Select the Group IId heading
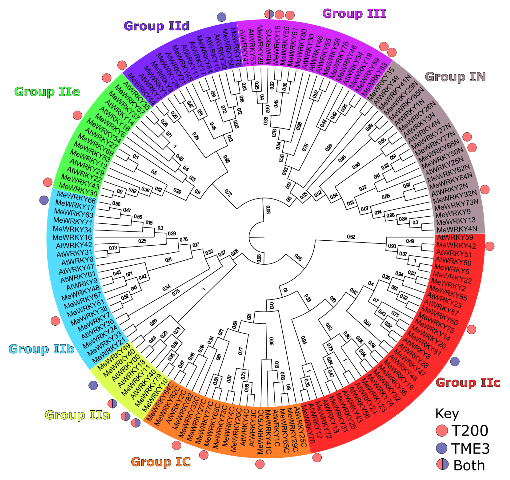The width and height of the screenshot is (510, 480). tap(156, 26)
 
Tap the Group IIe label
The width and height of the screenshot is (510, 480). tap(47, 92)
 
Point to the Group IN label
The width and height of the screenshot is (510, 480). tap(455, 77)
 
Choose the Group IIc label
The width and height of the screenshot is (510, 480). tap(468, 383)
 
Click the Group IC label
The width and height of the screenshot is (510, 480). tap(161, 462)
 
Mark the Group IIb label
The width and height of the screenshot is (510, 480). tap(42, 349)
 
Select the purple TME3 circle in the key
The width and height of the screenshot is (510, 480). tap(442, 448)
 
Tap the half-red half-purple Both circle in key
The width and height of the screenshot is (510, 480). tap(442, 465)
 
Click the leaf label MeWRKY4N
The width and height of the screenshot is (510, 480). tap(457, 229)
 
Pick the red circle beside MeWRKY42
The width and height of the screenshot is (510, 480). tap(490, 246)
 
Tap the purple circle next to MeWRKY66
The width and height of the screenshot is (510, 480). tap(44, 200)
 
